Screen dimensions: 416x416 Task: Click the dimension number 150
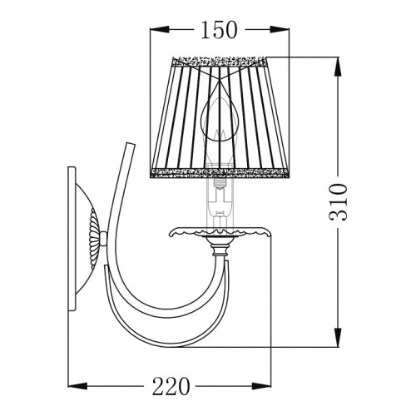click(219, 30)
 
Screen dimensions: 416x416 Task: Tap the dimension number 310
click(338, 202)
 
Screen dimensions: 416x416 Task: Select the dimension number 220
click(171, 386)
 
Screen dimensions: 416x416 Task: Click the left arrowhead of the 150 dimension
click(160, 29)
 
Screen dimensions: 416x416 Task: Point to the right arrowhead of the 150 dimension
click(279, 29)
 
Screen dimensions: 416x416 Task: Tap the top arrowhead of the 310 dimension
click(338, 67)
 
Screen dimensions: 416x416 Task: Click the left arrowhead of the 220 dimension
click(77, 386)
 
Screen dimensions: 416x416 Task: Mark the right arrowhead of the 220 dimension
click(261, 386)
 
